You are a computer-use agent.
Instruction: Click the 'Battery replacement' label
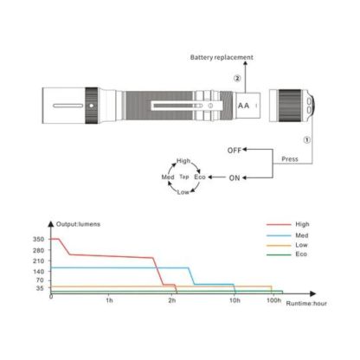[x=222, y=57]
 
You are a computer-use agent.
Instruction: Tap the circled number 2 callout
[x=237, y=78]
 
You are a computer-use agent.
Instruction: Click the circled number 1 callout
[x=307, y=140]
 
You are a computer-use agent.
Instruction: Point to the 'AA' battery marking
[x=243, y=106]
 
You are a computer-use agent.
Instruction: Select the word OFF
[x=235, y=151]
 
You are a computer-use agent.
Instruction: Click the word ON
[x=235, y=178]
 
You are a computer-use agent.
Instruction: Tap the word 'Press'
[x=290, y=159]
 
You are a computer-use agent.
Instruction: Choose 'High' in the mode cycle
[x=183, y=161]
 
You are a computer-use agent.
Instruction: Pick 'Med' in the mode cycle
[x=168, y=177]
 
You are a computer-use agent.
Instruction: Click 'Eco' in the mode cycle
[x=200, y=177]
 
